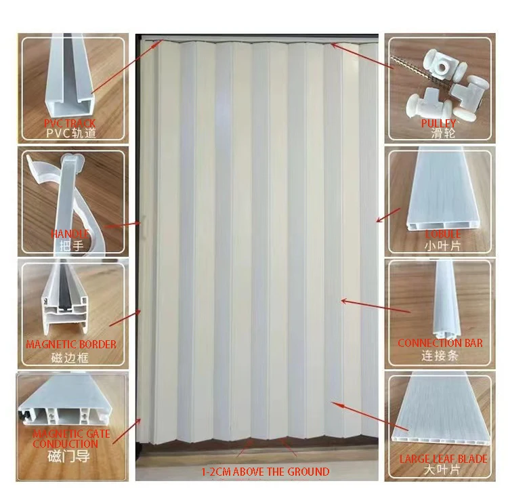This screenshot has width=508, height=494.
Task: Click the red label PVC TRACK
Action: pos(70,123)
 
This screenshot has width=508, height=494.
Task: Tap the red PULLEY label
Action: pos(438,123)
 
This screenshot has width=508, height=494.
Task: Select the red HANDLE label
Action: pos(70,234)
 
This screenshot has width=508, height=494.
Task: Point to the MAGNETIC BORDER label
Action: pos(70,344)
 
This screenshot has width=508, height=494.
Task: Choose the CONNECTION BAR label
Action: pos(440,343)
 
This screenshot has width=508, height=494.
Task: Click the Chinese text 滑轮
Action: pos(439,134)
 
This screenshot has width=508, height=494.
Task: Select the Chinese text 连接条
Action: pos(440,355)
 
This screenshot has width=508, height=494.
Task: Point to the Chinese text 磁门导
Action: pos(70,457)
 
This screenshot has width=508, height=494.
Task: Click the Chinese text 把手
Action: pos(70,245)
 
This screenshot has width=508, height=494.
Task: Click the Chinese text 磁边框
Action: pos(70,356)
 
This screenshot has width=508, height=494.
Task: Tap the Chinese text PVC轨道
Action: pos(70,134)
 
